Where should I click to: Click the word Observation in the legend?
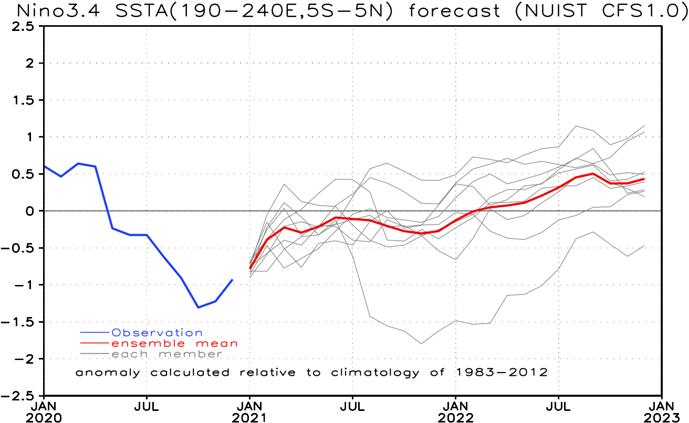[157, 333]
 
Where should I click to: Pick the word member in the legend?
[191, 354]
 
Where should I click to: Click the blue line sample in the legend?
[95, 333]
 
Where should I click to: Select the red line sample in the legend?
[95, 343]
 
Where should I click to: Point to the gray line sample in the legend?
[95, 354]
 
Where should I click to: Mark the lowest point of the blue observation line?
[198, 307]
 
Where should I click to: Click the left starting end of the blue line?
[45, 166]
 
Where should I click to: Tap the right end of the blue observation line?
[232, 280]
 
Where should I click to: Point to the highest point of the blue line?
[78, 163]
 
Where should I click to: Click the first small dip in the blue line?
[61, 176]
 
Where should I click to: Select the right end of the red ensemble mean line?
[644, 179]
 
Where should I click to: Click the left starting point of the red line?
[250, 268]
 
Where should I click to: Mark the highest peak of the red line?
[593, 173]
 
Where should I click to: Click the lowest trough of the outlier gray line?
[421, 344]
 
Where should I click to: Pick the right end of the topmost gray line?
[644, 125]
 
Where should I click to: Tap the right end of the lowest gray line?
[644, 245]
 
